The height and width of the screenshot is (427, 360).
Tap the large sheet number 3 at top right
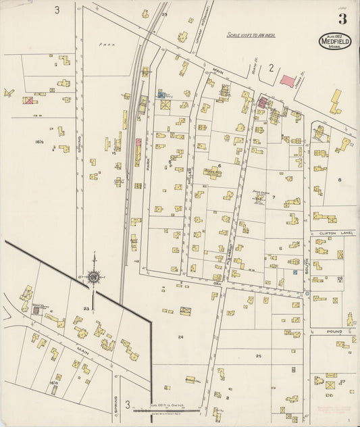(x=342, y=18)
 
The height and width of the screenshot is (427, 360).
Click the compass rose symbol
(x=93, y=276)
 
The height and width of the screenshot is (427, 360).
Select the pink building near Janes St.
(x=287, y=80)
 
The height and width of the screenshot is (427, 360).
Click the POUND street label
(x=335, y=332)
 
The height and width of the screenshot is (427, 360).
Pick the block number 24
(x=180, y=336)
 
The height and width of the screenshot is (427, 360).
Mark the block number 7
(x=274, y=197)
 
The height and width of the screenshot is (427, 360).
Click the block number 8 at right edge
(x=339, y=180)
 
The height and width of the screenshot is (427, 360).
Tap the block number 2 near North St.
(x=271, y=68)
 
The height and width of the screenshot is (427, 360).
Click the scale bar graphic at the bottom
(x=165, y=410)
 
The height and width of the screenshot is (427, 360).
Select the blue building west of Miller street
(x=162, y=95)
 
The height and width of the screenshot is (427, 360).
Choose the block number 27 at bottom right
(x=342, y=382)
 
